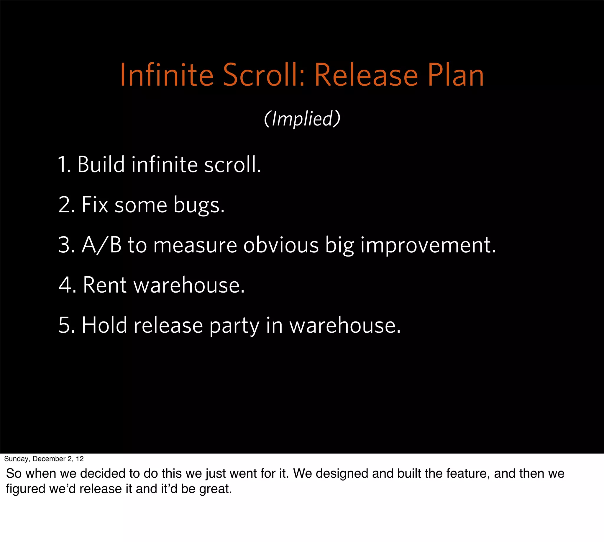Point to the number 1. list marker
[64, 165]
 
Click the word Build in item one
[101, 165]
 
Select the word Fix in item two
[94, 205]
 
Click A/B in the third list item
[101, 245]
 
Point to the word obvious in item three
[281, 245]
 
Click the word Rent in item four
[104, 285]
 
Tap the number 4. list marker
[67, 285]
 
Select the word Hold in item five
[104, 325]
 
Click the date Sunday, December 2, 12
[44, 459]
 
